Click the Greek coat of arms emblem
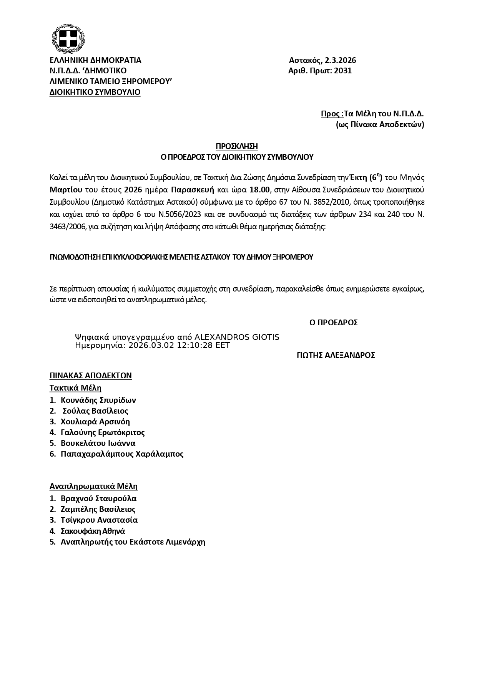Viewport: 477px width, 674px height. (x=68, y=39)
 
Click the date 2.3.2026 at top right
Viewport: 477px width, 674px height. (x=340, y=60)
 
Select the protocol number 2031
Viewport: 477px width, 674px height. (x=343, y=71)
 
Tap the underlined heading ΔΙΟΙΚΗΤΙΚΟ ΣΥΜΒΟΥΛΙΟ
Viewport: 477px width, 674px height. (x=95, y=92)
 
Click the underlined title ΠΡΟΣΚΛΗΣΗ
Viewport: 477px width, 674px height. (x=236, y=146)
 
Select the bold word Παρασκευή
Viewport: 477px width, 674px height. (x=192, y=189)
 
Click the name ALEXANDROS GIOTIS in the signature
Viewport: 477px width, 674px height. (x=237, y=337)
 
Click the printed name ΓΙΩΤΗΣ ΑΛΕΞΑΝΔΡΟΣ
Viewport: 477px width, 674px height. (x=336, y=355)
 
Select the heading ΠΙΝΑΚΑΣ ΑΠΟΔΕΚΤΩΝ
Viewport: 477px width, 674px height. (x=91, y=376)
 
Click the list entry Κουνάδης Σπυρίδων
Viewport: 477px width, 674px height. (x=98, y=400)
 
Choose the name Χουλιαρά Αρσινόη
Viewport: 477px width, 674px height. (x=95, y=422)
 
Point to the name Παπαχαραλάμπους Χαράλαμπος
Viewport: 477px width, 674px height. (x=122, y=454)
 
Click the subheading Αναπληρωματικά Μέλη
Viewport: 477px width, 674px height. (x=93, y=486)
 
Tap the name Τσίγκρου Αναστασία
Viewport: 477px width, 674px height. (x=99, y=520)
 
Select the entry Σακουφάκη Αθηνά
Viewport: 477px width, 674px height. (x=93, y=531)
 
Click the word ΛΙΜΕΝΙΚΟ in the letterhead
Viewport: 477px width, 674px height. (x=68, y=81)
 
